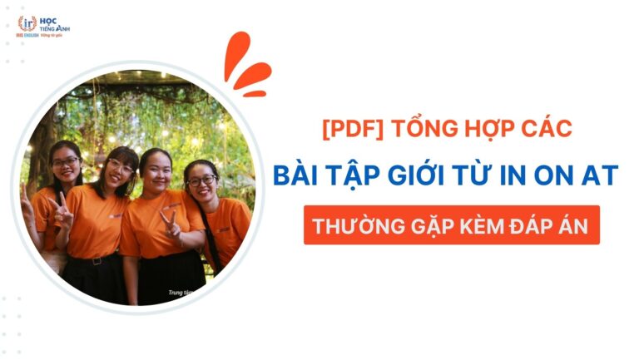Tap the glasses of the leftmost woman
click(65, 160)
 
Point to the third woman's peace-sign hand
click(171, 223)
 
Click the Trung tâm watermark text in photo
click(180, 293)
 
